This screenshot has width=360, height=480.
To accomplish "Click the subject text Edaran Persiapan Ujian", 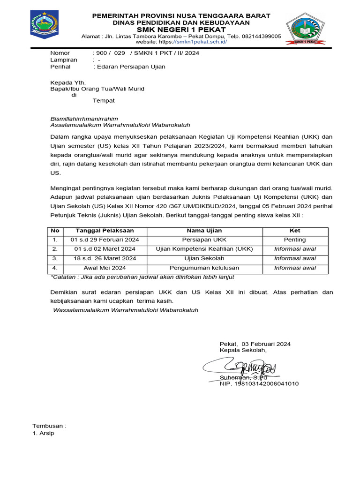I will [x=130, y=67].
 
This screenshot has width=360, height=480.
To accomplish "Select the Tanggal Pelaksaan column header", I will [x=105, y=231].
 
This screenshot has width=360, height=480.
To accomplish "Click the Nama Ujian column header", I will [x=204, y=231].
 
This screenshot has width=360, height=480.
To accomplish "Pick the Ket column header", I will [x=295, y=231].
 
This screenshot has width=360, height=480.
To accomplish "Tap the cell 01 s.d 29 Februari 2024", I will [x=105, y=240].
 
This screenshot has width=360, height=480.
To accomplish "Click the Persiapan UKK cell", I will [x=204, y=240].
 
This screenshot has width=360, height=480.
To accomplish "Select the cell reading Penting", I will [x=295, y=240].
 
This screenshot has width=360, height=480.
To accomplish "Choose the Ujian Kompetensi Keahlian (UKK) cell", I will [x=204, y=249].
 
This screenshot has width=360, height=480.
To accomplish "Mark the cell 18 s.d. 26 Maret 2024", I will [x=105, y=258].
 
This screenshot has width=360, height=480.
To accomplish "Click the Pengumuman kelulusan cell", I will [x=204, y=268].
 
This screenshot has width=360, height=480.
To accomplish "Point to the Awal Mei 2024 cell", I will [x=105, y=268].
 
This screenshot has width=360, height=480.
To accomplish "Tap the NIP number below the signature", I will [x=259, y=383].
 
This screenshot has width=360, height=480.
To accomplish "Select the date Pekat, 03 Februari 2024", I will [x=255, y=344].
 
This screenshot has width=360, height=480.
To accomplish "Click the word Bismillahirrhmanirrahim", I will [x=84, y=119].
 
